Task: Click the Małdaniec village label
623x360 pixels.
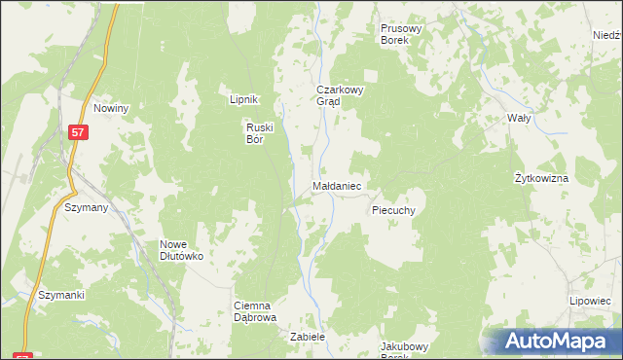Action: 338,184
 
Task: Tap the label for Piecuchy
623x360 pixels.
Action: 394,209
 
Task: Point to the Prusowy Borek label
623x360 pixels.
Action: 401,35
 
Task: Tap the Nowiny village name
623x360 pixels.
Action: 112,108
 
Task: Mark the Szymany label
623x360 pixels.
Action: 87,207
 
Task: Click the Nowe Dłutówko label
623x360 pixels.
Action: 181,250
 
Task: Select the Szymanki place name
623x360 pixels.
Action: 61,295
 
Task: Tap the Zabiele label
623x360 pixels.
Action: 307,337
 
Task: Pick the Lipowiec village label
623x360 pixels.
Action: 590,302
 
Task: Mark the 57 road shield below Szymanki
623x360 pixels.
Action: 24,356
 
